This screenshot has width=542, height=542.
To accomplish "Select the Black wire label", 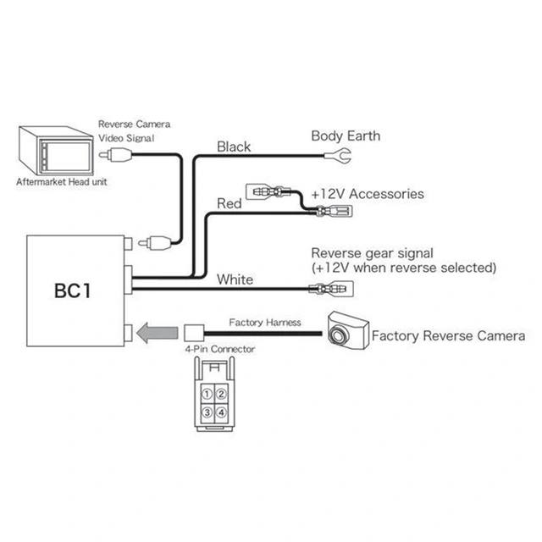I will tap(234, 147).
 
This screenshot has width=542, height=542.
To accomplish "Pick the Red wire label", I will tap(230, 204).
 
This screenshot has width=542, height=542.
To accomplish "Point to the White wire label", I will tap(235, 279).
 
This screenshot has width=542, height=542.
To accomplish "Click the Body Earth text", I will tap(346, 135).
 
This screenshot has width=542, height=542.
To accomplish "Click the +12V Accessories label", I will tap(367, 194).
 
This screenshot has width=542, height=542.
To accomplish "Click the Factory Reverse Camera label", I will tap(448, 336).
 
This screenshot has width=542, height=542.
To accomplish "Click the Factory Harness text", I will tap(264, 323).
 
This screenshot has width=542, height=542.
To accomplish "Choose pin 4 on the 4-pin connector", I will tap(220, 412).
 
